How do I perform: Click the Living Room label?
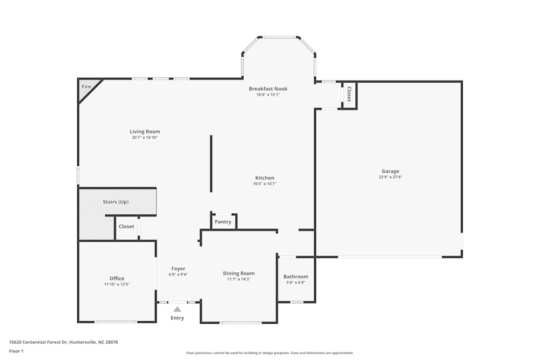tap(145, 132)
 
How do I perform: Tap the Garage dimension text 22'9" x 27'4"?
tap(390, 177)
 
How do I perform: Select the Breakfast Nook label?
tap(268, 89)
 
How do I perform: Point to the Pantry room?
tap(223, 222)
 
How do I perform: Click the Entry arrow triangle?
tap(177, 309)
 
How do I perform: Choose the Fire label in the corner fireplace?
tap(86, 87)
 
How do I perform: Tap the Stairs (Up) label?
tap(116, 202)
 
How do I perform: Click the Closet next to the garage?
tap(349, 94)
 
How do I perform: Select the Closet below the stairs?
tap(126, 227)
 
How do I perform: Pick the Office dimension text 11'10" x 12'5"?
tap(117, 284)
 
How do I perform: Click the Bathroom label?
tap(296, 277)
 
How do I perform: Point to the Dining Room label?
tap(239, 274)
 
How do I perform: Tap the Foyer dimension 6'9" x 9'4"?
tap(178, 275)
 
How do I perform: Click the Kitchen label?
tap(265, 178)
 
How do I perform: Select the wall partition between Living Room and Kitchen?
tap(211, 164)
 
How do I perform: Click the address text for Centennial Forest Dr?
tap(63, 342)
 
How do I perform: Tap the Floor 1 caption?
tap(16, 351)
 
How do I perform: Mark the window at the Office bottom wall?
tap(116, 322)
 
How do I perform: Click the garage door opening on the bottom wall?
tap(390, 257)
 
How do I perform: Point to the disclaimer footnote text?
tap(270, 353)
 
